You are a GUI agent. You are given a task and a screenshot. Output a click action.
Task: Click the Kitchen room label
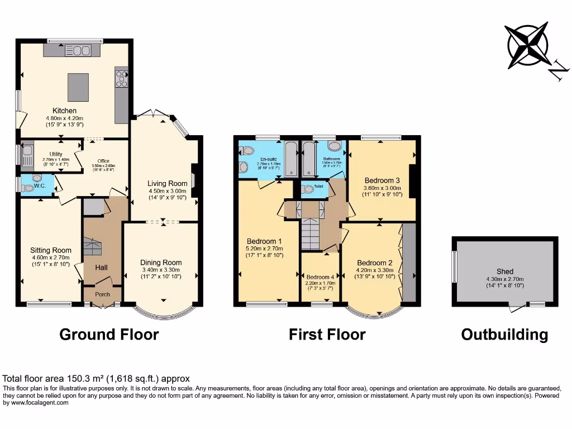(x=64, y=111)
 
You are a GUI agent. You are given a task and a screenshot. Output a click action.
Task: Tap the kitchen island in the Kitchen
(x=79, y=87)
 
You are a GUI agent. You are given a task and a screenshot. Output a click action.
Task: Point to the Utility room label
(x=55, y=154)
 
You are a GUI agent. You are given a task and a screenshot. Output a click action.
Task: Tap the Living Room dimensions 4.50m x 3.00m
(x=167, y=190)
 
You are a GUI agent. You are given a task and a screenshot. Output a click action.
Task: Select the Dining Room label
(x=161, y=263)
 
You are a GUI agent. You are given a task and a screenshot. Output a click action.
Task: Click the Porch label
(x=102, y=294)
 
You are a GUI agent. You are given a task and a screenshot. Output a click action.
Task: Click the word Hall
(x=101, y=268)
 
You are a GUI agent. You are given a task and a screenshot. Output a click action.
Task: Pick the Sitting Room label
(x=51, y=250)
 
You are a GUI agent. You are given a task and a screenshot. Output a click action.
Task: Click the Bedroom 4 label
(x=321, y=277)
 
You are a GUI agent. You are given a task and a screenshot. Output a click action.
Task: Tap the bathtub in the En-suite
(x=290, y=159)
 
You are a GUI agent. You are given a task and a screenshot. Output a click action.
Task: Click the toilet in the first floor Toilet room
(x=308, y=190)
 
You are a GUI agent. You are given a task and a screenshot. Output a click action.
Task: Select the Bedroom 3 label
(x=382, y=180)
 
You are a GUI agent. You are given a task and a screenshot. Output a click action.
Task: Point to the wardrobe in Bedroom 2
(x=409, y=263)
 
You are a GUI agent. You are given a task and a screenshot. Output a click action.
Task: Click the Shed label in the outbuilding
(x=505, y=271)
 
